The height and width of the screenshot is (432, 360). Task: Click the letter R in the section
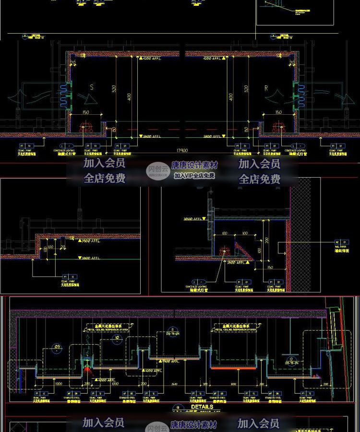click(266, 88)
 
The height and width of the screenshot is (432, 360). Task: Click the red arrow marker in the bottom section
click(86, 369)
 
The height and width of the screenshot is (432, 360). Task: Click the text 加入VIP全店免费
click(194, 176)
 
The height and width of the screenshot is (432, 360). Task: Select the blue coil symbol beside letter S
click(64, 95)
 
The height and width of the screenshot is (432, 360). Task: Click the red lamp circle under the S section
click(86, 128)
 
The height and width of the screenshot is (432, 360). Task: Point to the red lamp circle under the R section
click(277, 128)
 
